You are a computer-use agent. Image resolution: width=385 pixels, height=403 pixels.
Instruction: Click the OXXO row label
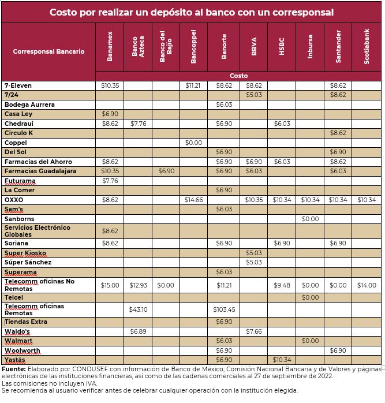(x=14, y=200)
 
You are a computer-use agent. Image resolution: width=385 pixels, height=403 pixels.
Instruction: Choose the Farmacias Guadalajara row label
(x=40, y=171)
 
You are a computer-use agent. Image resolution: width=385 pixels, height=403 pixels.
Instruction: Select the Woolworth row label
(x=23, y=350)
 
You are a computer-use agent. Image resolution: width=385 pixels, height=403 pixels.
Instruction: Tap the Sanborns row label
(x=19, y=219)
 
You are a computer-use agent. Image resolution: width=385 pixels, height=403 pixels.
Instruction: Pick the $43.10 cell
(x=138, y=309)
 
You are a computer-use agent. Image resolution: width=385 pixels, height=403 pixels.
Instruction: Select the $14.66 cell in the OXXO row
(x=193, y=200)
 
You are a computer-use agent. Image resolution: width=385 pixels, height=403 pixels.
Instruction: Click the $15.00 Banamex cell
(x=110, y=285)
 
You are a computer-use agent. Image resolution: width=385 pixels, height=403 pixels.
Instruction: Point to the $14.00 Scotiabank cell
(x=367, y=285)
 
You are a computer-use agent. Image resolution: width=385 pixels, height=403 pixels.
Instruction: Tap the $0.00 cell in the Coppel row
(x=193, y=143)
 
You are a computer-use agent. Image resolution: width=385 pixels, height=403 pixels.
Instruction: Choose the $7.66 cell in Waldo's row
(x=253, y=331)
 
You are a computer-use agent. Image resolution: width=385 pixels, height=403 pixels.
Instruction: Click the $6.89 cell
(x=138, y=331)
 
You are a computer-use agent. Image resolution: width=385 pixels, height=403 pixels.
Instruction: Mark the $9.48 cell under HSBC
(x=282, y=285)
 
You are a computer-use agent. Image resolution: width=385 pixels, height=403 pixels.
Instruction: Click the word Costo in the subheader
(x=238, y=76)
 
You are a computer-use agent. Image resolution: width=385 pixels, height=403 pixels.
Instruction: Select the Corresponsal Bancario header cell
(x=48, y=51)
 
